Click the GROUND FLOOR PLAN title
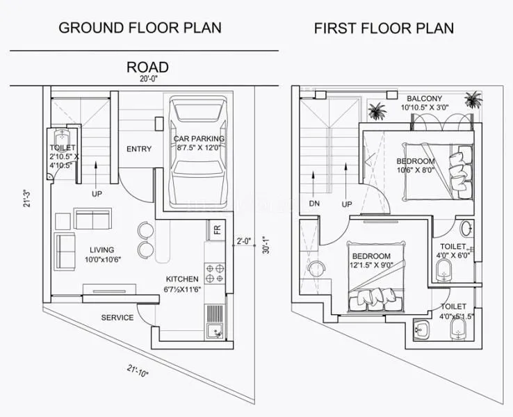(x=140, y=28)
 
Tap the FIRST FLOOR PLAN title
(x=384, y=28)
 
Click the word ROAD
(x=147, y=67)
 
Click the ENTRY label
(x=139, y=149)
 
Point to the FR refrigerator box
(x=216, y=230)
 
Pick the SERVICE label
(x=117, y=318)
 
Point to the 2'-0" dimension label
(x=243, y=241)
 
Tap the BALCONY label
(x=424, y=98)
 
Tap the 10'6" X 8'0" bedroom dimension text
(x=416, y=170)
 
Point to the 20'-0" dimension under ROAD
(x=147, y=79)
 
